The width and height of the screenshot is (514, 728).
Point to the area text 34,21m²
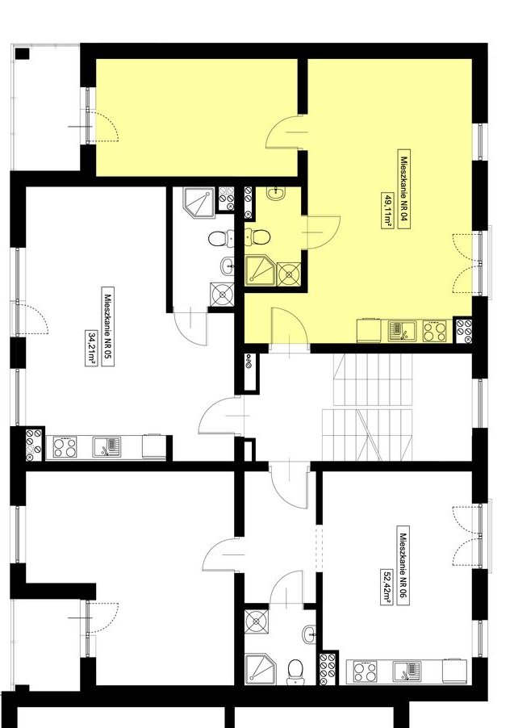click(x=90, y=348)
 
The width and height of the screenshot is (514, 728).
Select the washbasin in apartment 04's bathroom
click(x=278, y=191)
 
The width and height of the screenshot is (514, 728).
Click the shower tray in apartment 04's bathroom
click(x=260, y=270)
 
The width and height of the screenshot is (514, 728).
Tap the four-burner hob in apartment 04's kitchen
click(x=434, y=331)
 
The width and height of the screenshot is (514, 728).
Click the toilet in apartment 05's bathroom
click(x=220, y=239)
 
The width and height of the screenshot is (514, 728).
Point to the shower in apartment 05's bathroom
click(x=199, y=203)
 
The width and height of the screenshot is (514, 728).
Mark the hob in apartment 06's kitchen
click(x=366, y=672)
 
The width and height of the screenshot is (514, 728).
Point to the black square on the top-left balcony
click(x=22, y=54)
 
